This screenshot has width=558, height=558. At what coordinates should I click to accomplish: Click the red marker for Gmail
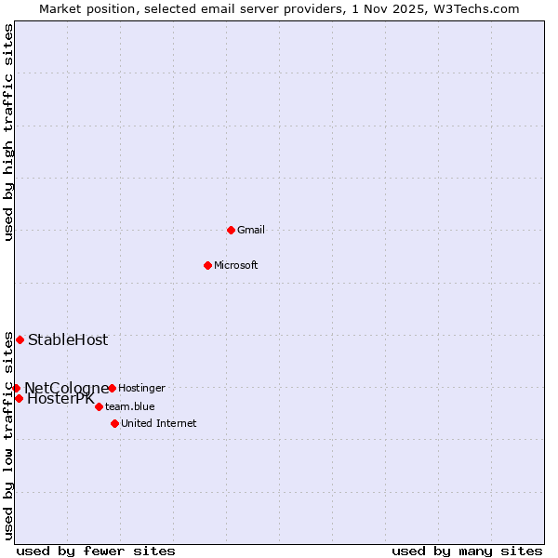coord(231,230)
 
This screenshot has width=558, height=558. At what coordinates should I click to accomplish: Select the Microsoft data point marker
coord(207,265)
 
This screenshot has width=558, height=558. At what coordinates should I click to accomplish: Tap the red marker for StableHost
coord(20,339)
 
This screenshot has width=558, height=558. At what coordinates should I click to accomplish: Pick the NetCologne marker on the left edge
coord(16,388)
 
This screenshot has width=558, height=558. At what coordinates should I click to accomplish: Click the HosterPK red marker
coord(19,398)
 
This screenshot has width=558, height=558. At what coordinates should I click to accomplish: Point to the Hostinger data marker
coord(112,388)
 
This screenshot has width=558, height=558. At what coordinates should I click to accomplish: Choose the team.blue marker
coord(99,406)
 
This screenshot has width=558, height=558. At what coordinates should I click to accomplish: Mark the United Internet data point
coord(114,423)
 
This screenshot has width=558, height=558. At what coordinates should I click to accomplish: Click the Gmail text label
coord(251,230)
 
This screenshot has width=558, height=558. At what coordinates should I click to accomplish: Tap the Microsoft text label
coord(236,265)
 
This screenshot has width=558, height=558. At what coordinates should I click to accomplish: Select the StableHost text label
coord(68,339)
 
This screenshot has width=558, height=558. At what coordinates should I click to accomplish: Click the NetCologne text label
coord(66,388)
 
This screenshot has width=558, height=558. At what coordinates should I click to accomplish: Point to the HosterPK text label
coord(60,399)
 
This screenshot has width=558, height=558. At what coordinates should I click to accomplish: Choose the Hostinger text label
coord(141,388)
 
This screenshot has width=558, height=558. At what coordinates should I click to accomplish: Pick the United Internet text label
coord(159,423)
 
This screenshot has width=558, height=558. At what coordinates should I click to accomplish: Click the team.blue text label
coord(130,406)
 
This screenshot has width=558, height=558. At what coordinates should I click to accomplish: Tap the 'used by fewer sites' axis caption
coord(96,551)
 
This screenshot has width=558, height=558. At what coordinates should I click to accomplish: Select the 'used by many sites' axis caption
coord(467,551)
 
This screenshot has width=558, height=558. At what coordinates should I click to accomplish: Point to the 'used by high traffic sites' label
coord(8,132)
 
